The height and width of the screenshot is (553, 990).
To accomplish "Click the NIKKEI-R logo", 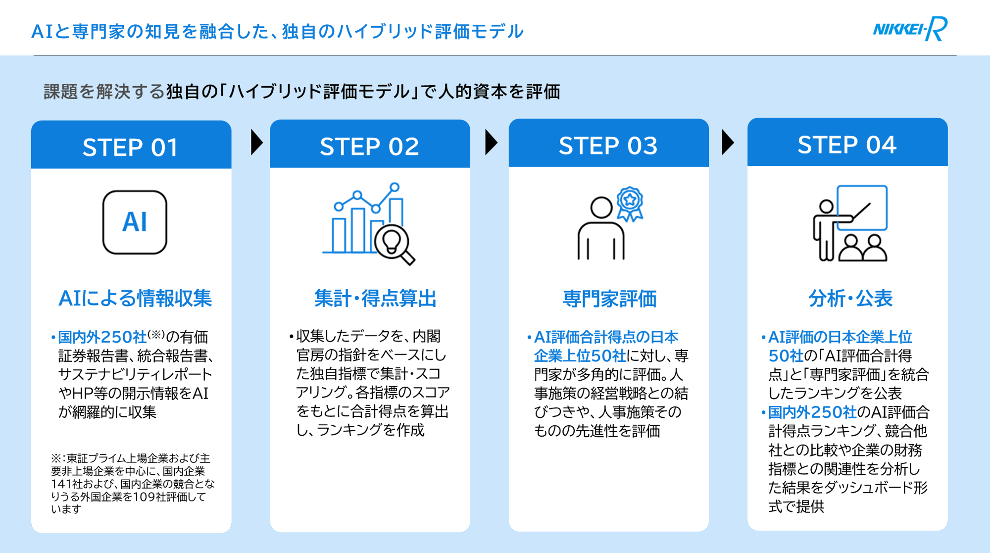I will (x=910, y=29).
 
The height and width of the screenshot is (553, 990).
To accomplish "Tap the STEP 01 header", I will (x=131, y=147).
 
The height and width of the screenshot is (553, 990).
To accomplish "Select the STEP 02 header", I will (x=369, y=146).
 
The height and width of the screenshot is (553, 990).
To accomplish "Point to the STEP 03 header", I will (x=608, y=145).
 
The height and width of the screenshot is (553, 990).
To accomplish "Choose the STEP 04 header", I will (x=846, y=144).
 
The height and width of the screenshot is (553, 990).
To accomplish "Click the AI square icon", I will (x=135, y=222).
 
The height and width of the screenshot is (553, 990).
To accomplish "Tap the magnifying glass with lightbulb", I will (x=394, y=244).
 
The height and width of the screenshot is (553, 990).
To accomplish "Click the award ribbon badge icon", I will (x=630, y=203).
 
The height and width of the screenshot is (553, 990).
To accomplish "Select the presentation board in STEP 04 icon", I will (x=862, y=208).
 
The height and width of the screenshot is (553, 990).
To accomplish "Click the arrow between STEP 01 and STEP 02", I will (x=256, y=143).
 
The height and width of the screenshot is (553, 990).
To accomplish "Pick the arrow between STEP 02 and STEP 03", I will (x=491, y=143).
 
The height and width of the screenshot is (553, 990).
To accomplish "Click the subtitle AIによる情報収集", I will (x=135, y=298).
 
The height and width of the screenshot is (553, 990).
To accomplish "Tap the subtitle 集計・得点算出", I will (x=375, y=298).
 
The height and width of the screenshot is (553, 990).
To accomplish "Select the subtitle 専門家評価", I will (x=609, y=299).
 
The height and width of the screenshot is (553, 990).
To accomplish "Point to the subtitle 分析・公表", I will (x=850, y=298).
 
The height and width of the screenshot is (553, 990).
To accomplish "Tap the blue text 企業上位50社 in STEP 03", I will (x=580, y=356).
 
